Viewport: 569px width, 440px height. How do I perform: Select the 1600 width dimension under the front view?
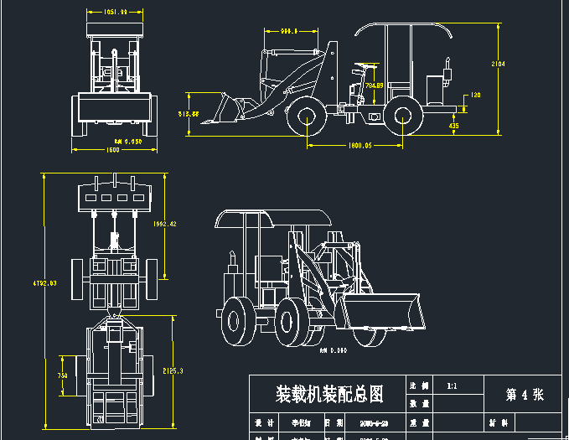[x=111, y=150]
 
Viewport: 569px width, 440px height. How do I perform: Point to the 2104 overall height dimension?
[x=498, y=64]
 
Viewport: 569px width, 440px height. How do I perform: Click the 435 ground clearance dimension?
[x=453, y=126]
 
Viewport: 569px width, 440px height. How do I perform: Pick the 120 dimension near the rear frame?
[x=474, y=95]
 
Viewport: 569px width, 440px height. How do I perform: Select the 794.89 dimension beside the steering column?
[x=374, y=85]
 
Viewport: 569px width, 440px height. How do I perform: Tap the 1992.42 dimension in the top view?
[x=165, y=225]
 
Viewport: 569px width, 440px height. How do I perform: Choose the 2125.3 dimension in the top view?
[x=173, y=370]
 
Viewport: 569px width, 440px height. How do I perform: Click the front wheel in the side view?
[x=307, y=120]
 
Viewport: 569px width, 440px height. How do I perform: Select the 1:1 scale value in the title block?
[x=452, y=386]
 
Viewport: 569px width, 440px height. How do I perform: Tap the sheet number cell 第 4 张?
[x=525, y=395]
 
